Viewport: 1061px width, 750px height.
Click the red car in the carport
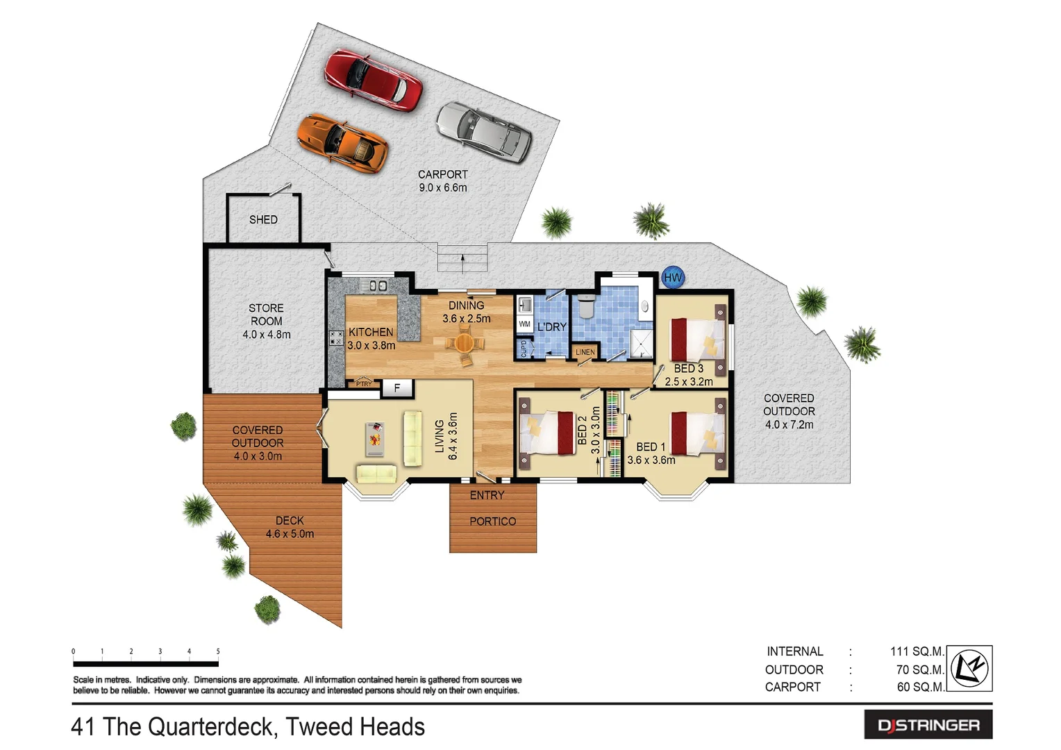373,80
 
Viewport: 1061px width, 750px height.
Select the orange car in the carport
342,142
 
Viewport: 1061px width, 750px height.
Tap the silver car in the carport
484,132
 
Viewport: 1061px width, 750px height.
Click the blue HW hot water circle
672,278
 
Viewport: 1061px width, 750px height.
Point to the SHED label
263,219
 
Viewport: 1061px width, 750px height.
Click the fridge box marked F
397,388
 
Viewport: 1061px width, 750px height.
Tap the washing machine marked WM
524,324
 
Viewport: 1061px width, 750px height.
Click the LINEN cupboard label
585,352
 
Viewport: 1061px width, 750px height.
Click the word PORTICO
492,522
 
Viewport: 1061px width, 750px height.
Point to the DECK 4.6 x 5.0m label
290,527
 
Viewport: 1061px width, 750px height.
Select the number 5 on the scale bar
218,651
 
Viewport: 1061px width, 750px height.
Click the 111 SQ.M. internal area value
917,651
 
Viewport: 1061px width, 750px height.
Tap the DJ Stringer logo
928,725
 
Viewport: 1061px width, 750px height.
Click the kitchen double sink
377,285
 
